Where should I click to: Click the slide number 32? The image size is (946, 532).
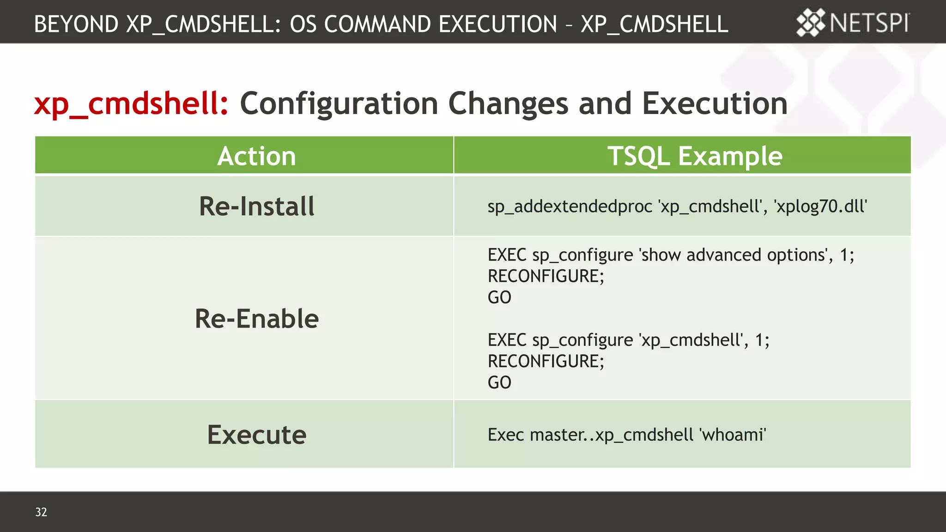41,512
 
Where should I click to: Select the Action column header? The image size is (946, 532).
256,156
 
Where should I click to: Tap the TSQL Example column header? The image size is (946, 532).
694,156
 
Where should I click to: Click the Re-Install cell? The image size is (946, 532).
256,206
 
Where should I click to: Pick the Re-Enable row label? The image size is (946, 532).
256,319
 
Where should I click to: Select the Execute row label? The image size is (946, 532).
256,435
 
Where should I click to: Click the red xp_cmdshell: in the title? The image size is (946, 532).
131,103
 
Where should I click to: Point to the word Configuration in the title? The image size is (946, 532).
339,103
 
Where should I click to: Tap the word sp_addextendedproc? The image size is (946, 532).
570,206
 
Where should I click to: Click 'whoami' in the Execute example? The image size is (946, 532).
733,435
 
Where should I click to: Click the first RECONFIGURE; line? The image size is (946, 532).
546,276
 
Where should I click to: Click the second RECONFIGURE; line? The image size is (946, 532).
546,361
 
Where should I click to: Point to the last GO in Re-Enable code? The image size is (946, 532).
499,382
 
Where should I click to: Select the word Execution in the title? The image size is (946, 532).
715,103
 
